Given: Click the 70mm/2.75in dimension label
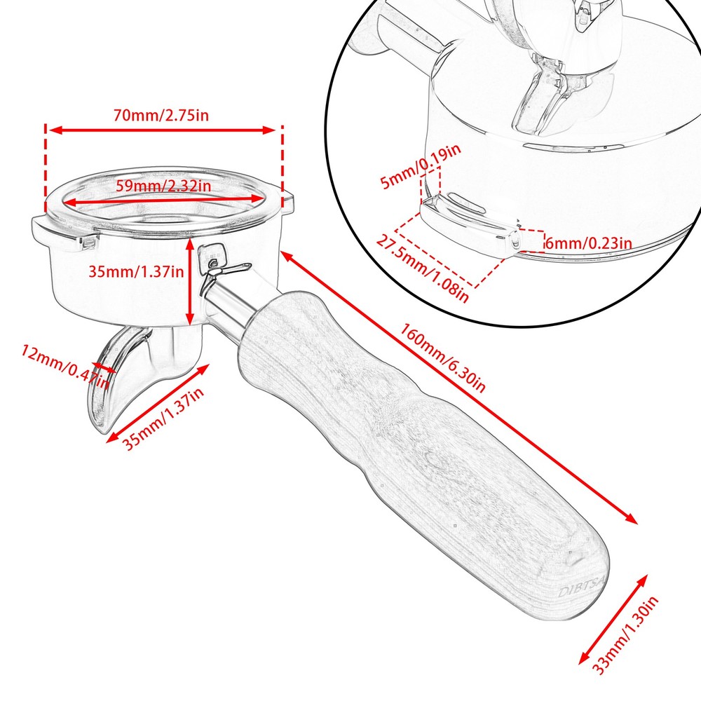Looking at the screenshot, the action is tap(161, 116).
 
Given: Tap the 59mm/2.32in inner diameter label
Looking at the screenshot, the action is tap(163, 185).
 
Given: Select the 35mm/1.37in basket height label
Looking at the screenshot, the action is tap(136, 271).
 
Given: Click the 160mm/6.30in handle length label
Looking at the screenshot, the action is tap(442, 358).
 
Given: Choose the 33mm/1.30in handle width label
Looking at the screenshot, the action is tap(625, 635).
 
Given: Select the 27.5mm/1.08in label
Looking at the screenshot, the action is tap(423, 268).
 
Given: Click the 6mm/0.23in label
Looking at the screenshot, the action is tap(588, 243).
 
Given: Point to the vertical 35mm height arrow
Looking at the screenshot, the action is tap(191, 282).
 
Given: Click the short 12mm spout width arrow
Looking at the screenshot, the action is tap(102, 367).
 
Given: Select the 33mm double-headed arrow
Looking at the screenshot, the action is tap(613, 620).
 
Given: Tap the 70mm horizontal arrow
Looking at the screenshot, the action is tap(161, 130).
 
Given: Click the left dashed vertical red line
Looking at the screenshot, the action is tap(45, 168).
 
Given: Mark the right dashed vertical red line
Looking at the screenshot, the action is tap(282, 167).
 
